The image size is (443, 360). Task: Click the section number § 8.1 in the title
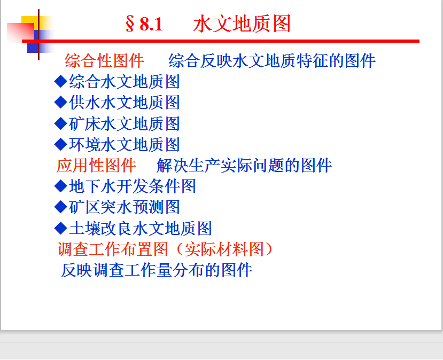pos(144,24)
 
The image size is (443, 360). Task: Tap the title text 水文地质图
pos(242,24)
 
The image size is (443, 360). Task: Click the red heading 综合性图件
pos(104,60)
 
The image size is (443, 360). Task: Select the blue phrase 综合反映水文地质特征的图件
pos(272,60)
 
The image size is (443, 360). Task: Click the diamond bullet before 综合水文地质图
pos(60,81)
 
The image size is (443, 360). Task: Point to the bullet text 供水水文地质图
pos(125,102)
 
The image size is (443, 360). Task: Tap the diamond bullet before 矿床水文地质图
pos(60,123)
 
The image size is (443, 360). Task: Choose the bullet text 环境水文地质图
pos(125,144)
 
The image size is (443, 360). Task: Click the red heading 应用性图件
pos(96,165)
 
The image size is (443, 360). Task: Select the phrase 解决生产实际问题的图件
pos(244,165)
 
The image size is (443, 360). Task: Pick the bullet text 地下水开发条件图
pos(132,186)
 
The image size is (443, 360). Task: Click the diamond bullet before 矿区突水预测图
pos(60,207)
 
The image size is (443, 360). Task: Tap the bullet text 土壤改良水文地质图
pos(141,228)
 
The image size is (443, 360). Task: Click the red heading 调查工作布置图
pos(112,249)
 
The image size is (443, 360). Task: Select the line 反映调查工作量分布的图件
pos(156,270)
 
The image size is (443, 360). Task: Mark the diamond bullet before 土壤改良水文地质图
pos(60,228)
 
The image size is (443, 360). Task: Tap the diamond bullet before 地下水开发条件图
pos(60,186)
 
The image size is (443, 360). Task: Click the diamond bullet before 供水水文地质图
pos(60,102)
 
